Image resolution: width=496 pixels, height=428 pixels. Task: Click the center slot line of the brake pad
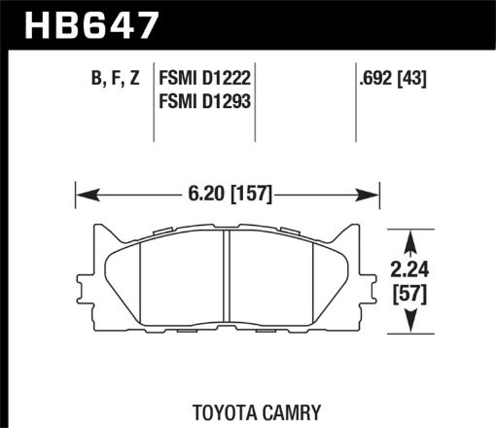[x=227, y=282]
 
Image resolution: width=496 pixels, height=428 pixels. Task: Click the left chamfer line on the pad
[x=142, y=282]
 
